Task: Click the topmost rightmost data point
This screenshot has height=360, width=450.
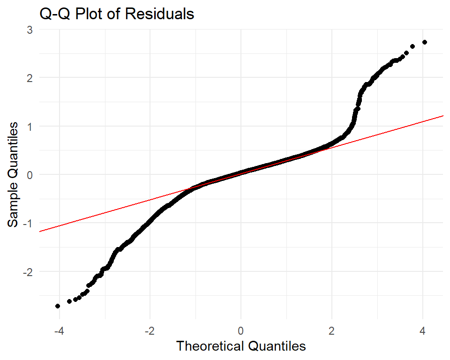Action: [x=425, y=42]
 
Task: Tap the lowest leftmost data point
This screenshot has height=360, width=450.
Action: [x=58, y=306]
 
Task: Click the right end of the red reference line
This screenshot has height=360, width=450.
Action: [x=443, y=115]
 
